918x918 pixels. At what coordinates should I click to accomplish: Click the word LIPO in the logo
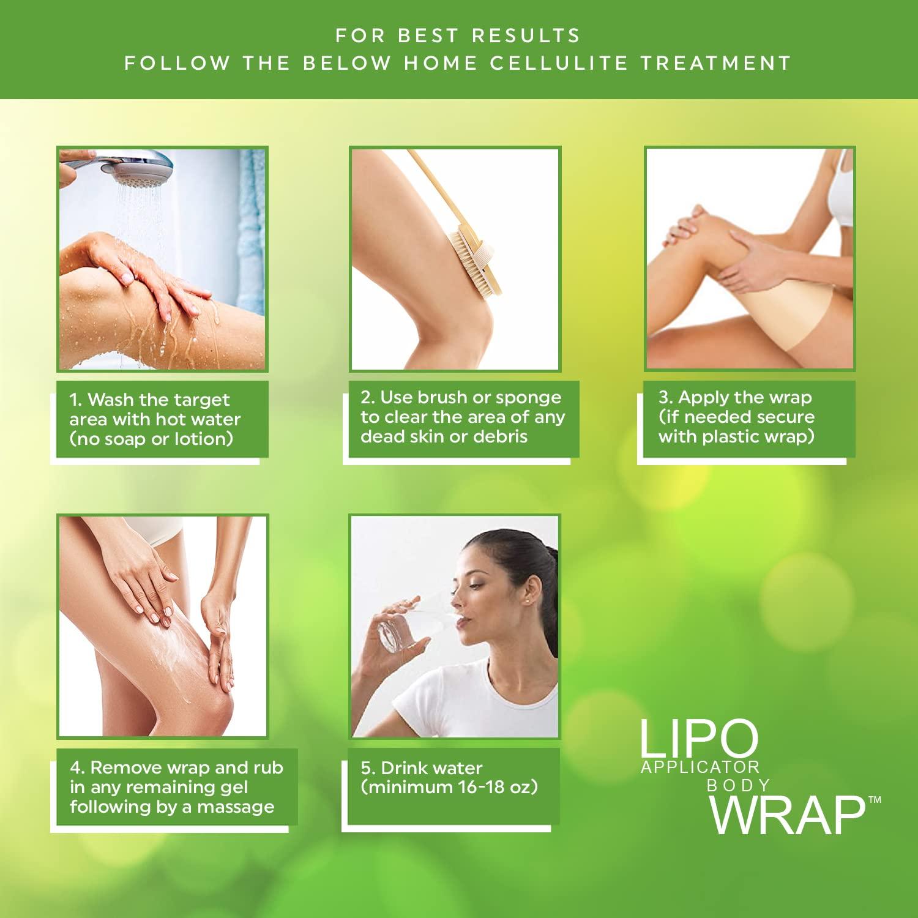pos(698,739)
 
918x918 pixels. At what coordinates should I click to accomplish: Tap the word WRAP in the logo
pos(787,815)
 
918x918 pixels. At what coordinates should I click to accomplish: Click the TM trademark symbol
pos(875,800)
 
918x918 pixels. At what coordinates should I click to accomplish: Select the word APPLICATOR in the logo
pos(700,767)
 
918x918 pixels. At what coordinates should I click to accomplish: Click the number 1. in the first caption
pos(75,400)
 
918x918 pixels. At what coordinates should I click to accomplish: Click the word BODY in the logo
pos(738,786)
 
